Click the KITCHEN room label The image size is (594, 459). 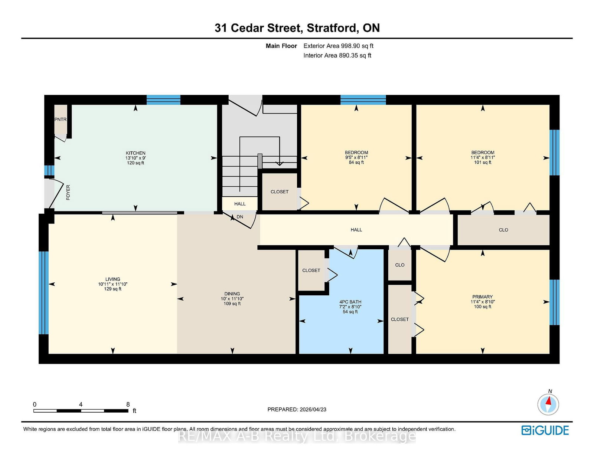point(135,153)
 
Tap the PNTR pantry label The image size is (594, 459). point(61,119)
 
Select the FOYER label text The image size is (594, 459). point(68,192)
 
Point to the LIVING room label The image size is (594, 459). point(112,279)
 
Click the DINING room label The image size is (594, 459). point(232,294)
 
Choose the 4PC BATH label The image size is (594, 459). point(350,302)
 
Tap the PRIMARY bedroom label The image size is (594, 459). point(483,297)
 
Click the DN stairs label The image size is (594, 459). point(240,217)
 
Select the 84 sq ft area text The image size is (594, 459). point(356,162)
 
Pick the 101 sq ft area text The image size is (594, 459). point(483,162)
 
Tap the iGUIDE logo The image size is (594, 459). point(545,430)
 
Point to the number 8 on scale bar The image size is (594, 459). point(128,404)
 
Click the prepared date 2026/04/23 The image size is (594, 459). point(313,409)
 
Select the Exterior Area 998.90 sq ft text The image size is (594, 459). point(339,46)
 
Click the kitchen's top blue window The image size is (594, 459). point(163,100)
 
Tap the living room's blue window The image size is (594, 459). point(44,293)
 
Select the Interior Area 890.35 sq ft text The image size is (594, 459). point(337,55)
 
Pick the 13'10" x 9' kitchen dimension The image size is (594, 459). point(135,158)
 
